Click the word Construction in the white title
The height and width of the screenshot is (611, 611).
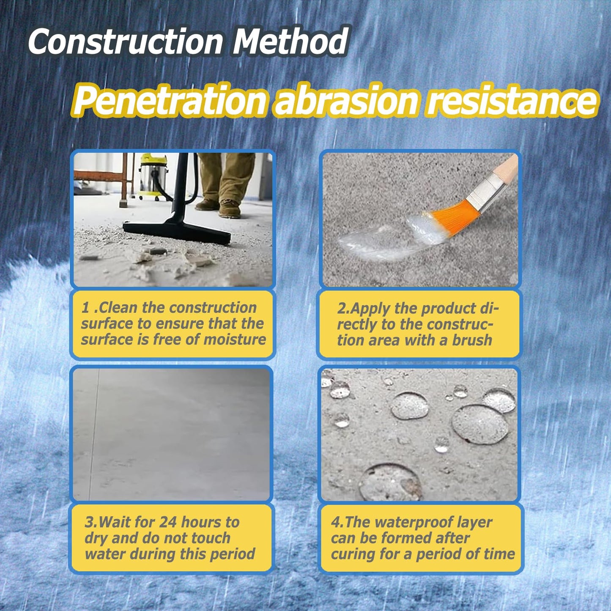tap(125, 41)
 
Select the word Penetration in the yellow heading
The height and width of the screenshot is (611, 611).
tap(170, 101)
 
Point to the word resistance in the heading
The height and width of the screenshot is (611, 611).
tap(512, 101)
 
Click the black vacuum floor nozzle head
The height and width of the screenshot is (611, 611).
tap(178, 232)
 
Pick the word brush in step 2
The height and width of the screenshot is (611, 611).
tap(472, 340)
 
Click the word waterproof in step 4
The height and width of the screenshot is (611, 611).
tap(410, 523)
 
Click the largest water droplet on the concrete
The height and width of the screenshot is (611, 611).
tap(480, 424)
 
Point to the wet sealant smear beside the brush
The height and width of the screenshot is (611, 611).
tap(376, 241)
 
